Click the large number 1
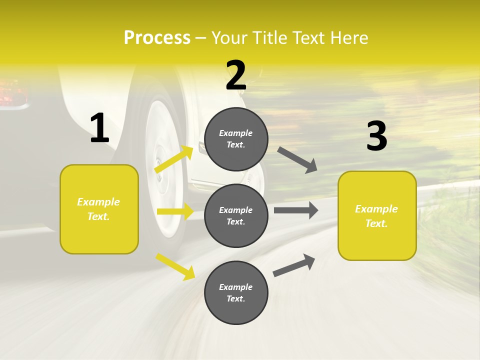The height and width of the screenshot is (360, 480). point(99,128)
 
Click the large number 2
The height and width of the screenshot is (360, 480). point(236,75)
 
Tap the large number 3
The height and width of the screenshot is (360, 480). point(376,136)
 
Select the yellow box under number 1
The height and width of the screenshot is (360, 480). point(99,209)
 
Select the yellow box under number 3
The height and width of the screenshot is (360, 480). point(377,216)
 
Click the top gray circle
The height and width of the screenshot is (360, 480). point(236,139)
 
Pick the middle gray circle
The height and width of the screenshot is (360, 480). point(236,215)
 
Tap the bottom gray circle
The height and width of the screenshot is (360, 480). point(236,292)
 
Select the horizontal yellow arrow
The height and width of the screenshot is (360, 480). point(175,211)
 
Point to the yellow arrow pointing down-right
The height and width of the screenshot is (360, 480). point(175,266)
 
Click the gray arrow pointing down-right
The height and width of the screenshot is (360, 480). point(297,159)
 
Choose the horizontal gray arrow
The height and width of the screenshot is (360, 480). point(296,210)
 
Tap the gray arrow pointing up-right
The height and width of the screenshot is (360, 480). point(294,265)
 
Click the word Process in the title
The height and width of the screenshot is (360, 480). point(157,38)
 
